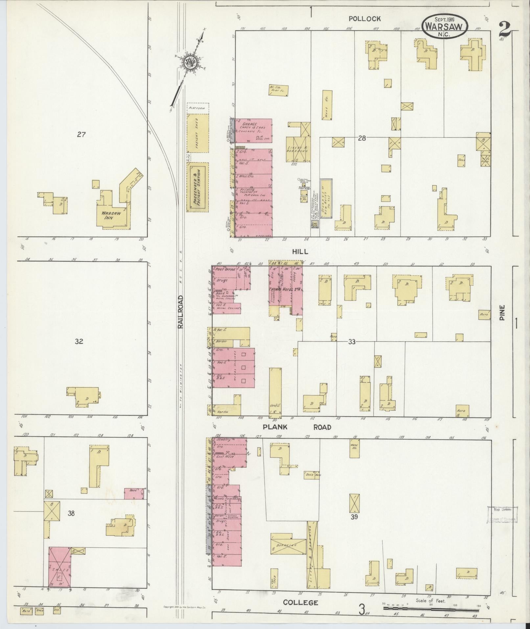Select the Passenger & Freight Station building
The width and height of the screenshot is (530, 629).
[x=197, y=187]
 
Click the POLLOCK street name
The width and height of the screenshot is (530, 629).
[x=365, y=19]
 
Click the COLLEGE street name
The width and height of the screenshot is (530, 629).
[x=301, y=602]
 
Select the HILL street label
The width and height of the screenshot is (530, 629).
[x=300, y=252]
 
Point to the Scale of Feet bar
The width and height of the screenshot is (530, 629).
[x=430, y=608]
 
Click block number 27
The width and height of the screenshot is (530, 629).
[x=81, y=134]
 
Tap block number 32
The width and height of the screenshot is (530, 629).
[x=79, y=341]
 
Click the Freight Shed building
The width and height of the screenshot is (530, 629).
[x=197, y=133]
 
